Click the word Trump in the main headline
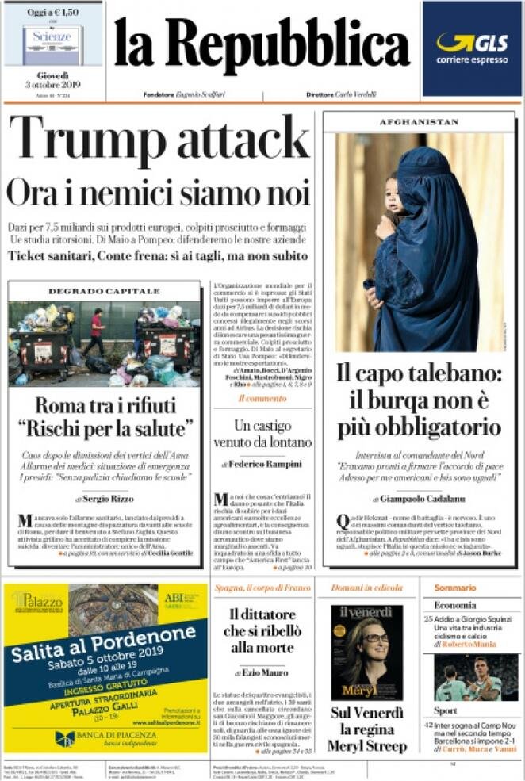(x=88, y=140)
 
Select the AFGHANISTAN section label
(x=419, y=122)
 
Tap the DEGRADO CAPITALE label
(x=105, y=291)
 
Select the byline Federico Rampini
(x=265, y=464)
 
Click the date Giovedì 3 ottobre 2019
(x=52, y=80)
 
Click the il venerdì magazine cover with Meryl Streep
(x=366, y=652)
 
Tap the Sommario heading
(x=454, y=588)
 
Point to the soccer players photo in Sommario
(x=476, y=677)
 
